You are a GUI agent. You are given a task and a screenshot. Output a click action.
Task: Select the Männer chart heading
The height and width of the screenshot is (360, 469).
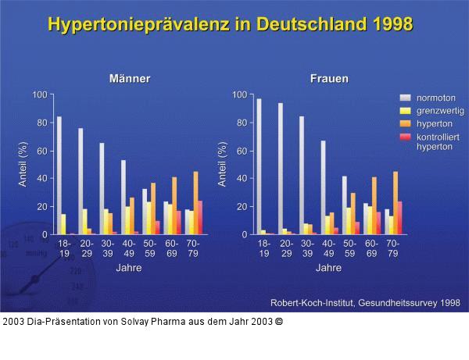click(x=129, y=79)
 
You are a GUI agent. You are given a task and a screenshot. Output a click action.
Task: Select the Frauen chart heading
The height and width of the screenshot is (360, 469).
click(x=329, y=79)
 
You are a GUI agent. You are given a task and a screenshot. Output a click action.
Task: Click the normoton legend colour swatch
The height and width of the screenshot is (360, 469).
click(x=405, y=98)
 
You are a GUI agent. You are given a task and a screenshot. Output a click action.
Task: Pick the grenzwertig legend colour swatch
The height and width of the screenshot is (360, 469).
click(x=405, y=111)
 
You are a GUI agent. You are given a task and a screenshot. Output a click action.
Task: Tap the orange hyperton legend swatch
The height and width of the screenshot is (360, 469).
click(x=405, y=123)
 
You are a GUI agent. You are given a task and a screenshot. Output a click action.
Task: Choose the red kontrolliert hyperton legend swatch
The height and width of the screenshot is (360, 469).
click(x=405, y=137)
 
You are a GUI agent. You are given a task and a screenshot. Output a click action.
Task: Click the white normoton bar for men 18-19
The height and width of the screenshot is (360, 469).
click(x=59, y=176)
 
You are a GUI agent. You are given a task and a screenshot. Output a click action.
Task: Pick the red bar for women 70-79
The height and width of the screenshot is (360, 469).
click(x=401, y=218)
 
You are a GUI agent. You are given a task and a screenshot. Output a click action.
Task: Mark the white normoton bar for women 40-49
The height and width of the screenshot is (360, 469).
click(x=323, y=187)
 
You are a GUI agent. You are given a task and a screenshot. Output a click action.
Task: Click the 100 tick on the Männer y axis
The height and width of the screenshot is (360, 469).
click(x=40, y=94)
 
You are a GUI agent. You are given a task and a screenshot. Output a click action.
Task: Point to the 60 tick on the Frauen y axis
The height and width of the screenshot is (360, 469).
click(x=241, y=151)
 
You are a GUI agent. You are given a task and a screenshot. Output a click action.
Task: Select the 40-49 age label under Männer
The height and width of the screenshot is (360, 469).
click(x=128, y=248)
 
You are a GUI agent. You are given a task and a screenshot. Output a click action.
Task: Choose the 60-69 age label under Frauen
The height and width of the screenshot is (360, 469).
click(x=371, y=248)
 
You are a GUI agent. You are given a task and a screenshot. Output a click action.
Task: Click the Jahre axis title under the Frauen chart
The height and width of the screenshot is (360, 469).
click(x=328, y=269)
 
